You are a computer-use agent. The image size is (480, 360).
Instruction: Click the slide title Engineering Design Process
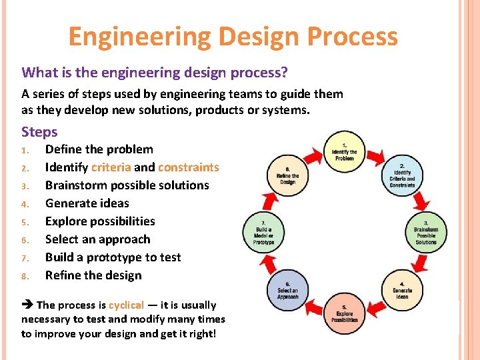click(x=233, y=36)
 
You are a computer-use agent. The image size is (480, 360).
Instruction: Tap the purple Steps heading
click(x=39, y=132)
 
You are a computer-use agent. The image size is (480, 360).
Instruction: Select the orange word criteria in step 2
click(x=111, y=167)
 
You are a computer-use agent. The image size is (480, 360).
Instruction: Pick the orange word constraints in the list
click(x=188, y=167)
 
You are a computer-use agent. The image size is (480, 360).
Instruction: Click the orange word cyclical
click(x=126, y=305)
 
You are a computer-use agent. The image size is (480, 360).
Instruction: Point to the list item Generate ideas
click(x=87, y=203)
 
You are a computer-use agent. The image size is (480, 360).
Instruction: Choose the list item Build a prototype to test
click(x=113, y=257)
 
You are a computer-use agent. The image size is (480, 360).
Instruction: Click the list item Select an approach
click(x=97, y=239)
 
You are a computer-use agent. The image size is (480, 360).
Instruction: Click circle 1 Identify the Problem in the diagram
click(x=344, y=151)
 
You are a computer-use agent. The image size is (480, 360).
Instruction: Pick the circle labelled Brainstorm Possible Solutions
click(x=425, y=231)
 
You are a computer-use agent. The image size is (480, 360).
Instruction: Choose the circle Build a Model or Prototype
click(x=263, y=231)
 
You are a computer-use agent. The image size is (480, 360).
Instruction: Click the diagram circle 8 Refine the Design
click(x=287, y=175)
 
